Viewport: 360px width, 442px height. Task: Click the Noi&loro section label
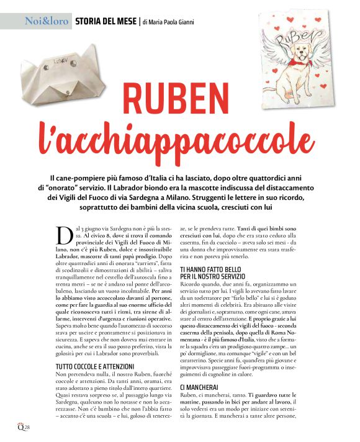tap(45, 22)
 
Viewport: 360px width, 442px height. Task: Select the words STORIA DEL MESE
tap(105, 22)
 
